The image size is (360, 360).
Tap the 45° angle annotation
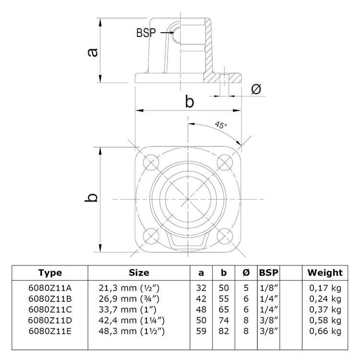(x=220, y=126)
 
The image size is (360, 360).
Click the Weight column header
(x=325, y=273)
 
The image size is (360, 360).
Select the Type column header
(x=50, y=273)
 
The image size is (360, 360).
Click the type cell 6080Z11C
(x=50, y=309)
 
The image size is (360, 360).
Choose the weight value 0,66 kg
(x=325, y=331)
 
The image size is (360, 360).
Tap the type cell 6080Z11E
(x=50, y=331)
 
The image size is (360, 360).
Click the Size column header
(x=139, y=273)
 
